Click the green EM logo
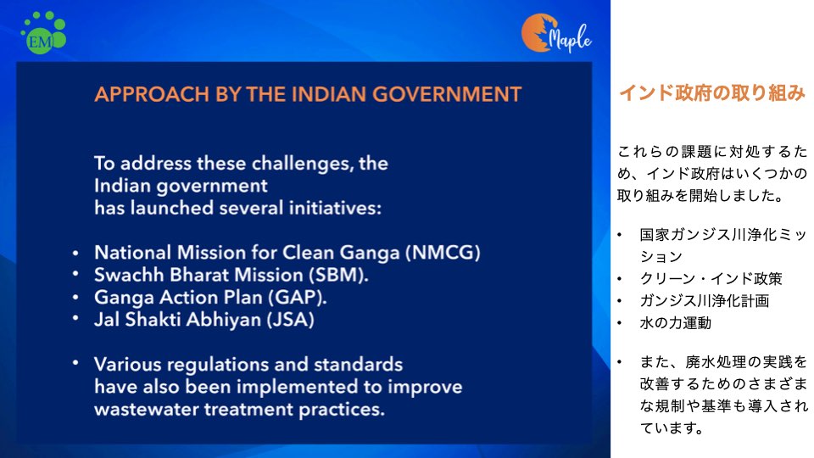[x=43, y=32]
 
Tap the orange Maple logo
[x=556, y=33]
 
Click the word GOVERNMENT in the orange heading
[x=447, y=94]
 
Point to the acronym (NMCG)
[x=443, y=253]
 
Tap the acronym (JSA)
[x=290, y=320]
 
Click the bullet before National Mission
[x=75, y=253]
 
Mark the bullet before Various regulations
[x=75, y=363]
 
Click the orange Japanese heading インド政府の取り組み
[x=711, y=93]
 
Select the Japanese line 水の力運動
[x=676, y=323]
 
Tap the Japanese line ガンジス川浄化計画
[x=705, y=300]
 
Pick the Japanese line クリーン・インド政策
[x=711, y=279]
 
